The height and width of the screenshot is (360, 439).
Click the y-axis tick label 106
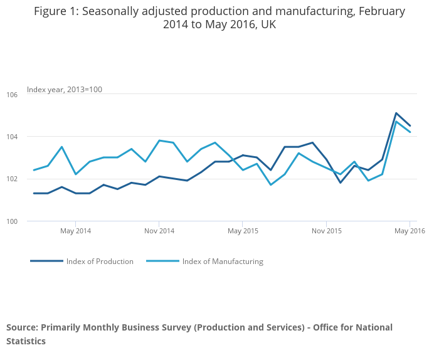(13, 94)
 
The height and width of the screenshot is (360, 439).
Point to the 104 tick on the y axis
(13, 137)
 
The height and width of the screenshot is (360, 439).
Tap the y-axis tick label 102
(13, 179)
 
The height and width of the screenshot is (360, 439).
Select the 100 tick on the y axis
(13, 221)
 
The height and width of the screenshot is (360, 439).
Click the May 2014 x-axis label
(75, 231)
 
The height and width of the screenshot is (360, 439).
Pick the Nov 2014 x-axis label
(159, 231)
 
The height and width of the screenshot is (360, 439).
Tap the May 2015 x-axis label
(243, 231)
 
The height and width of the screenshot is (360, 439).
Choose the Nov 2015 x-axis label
(326, 231)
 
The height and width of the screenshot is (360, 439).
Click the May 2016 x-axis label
(410, 231)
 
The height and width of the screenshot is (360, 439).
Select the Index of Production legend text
(100, 262)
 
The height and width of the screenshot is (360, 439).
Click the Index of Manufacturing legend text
(223, 262)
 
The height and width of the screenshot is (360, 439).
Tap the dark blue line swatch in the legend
(46, 261)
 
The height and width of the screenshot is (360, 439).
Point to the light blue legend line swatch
(162, 261)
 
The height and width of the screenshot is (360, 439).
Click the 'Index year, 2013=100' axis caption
(64, 90)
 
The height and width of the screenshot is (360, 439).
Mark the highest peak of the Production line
(396, 114)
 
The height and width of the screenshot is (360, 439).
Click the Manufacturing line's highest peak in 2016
(396, 122)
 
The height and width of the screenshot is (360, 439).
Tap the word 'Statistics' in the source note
(26, 341)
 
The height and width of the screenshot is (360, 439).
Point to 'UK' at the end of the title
(268, 25)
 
